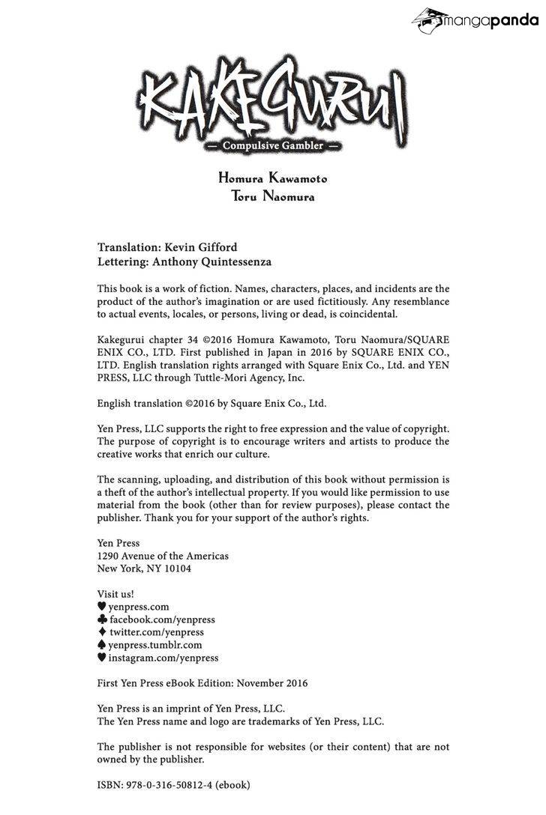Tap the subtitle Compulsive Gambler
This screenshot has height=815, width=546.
point(273,145)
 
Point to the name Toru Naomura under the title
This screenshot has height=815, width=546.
point(273,197)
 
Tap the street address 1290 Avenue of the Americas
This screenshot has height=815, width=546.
point(163,556)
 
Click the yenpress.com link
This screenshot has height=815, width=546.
point(139,607)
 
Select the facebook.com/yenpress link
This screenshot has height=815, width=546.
point(162,619)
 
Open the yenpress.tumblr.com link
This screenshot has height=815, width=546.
point(155,645)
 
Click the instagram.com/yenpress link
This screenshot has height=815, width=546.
point(163,658)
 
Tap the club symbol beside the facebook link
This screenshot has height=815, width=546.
point(102,619)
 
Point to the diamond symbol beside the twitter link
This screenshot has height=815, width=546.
point(102,632)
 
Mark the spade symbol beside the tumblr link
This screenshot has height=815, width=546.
point(102,645)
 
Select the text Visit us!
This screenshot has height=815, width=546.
point(115,594)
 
